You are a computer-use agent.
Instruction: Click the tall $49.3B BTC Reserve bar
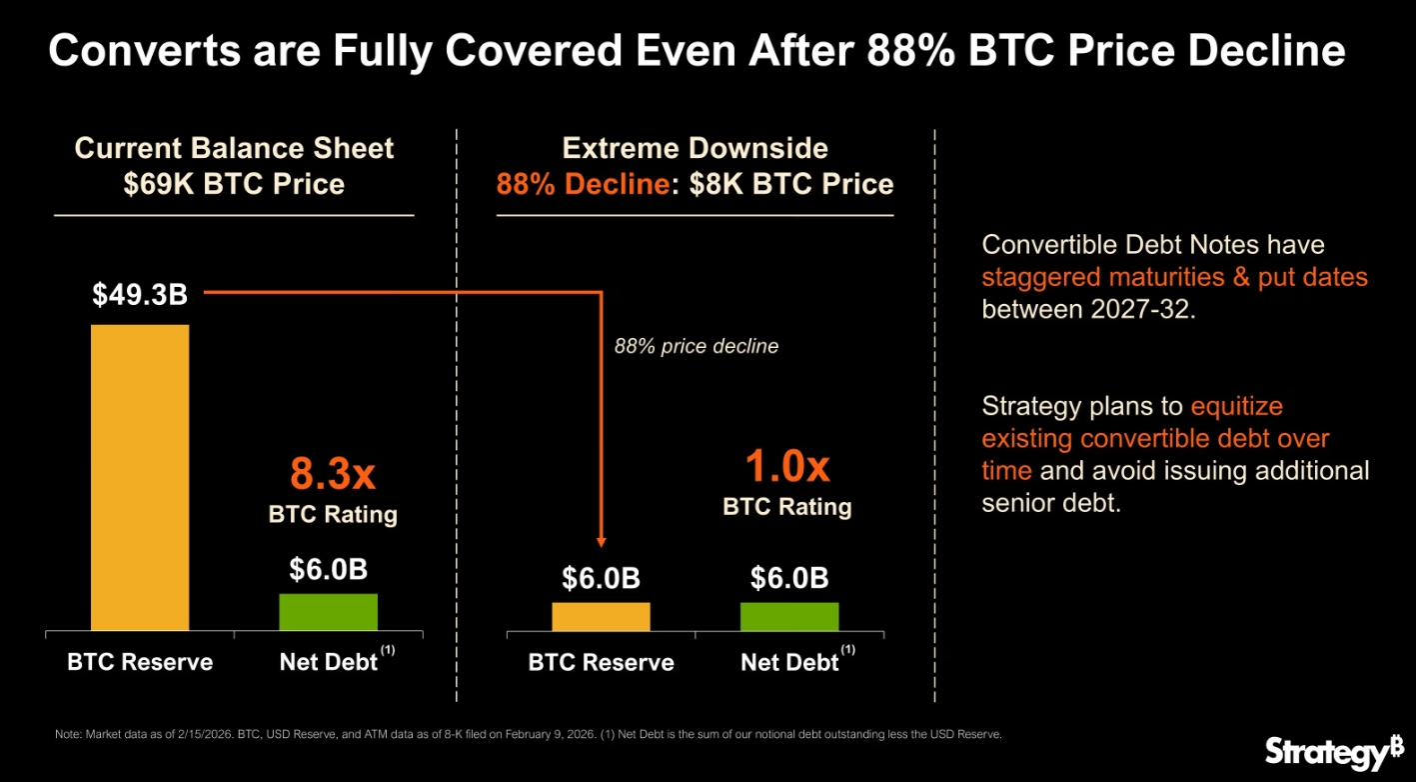[139, 477]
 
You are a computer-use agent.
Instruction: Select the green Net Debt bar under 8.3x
[328, 611]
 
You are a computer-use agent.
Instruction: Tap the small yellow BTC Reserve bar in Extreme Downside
[601, 616]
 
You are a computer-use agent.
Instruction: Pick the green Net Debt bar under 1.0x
[789, 616]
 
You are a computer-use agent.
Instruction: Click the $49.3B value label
[139, 295]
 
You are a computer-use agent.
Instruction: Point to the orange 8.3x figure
[333, 473]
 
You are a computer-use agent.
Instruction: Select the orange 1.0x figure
[787, 466]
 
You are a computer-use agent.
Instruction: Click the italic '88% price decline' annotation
[696, 346]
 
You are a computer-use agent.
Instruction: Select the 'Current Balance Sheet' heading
[234, 149]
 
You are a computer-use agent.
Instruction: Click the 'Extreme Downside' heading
[695, 149]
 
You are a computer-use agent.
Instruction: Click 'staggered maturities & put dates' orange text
[1174, 277]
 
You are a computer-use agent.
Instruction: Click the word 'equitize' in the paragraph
[1236, 406]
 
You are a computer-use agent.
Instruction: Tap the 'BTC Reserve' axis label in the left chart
[140, 662]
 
